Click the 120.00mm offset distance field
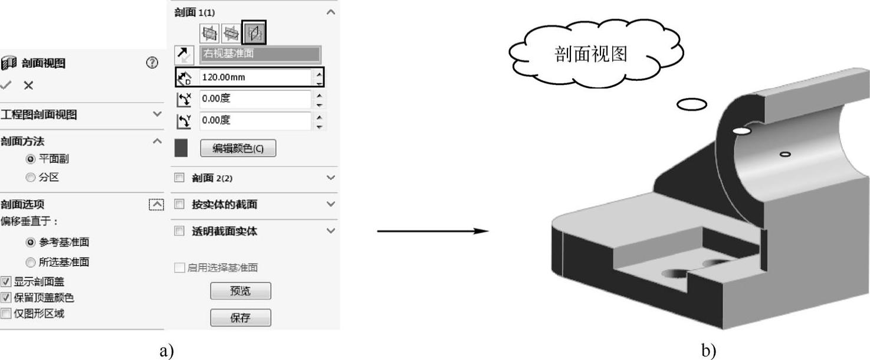tap(254, 78)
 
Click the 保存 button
tap(241, 318)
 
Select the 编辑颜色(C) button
tap(238, 149)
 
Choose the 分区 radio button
tap(30, 176)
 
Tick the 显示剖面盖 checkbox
tap(5, 282)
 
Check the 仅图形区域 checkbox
tap(5, 313)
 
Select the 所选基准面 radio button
tap(30, 262)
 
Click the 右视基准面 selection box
tap(260, 54)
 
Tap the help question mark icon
tap(152, 63)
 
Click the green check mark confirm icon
tap(6, 86)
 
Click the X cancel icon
tap(28, 86)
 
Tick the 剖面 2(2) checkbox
tap(179, 178)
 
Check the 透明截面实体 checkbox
tap(179, 231)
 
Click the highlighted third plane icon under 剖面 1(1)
tap(254, 32)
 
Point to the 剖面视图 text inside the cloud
tap(591, 54)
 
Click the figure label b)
tap(708, 351)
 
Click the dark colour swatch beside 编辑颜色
tap(181, 149)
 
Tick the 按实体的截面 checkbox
tap(179, 204)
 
